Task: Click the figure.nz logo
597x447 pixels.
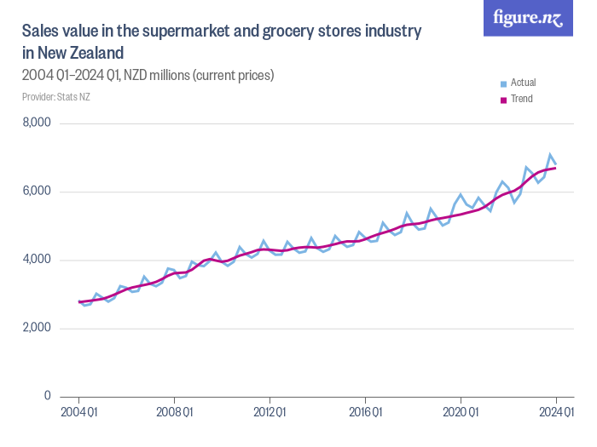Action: (528, 18)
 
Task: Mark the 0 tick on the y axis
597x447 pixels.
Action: (48, 396)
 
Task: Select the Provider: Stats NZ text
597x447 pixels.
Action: (56, 96)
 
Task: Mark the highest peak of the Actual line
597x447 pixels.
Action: (550, 155)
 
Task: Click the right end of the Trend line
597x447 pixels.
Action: (556, 168)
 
